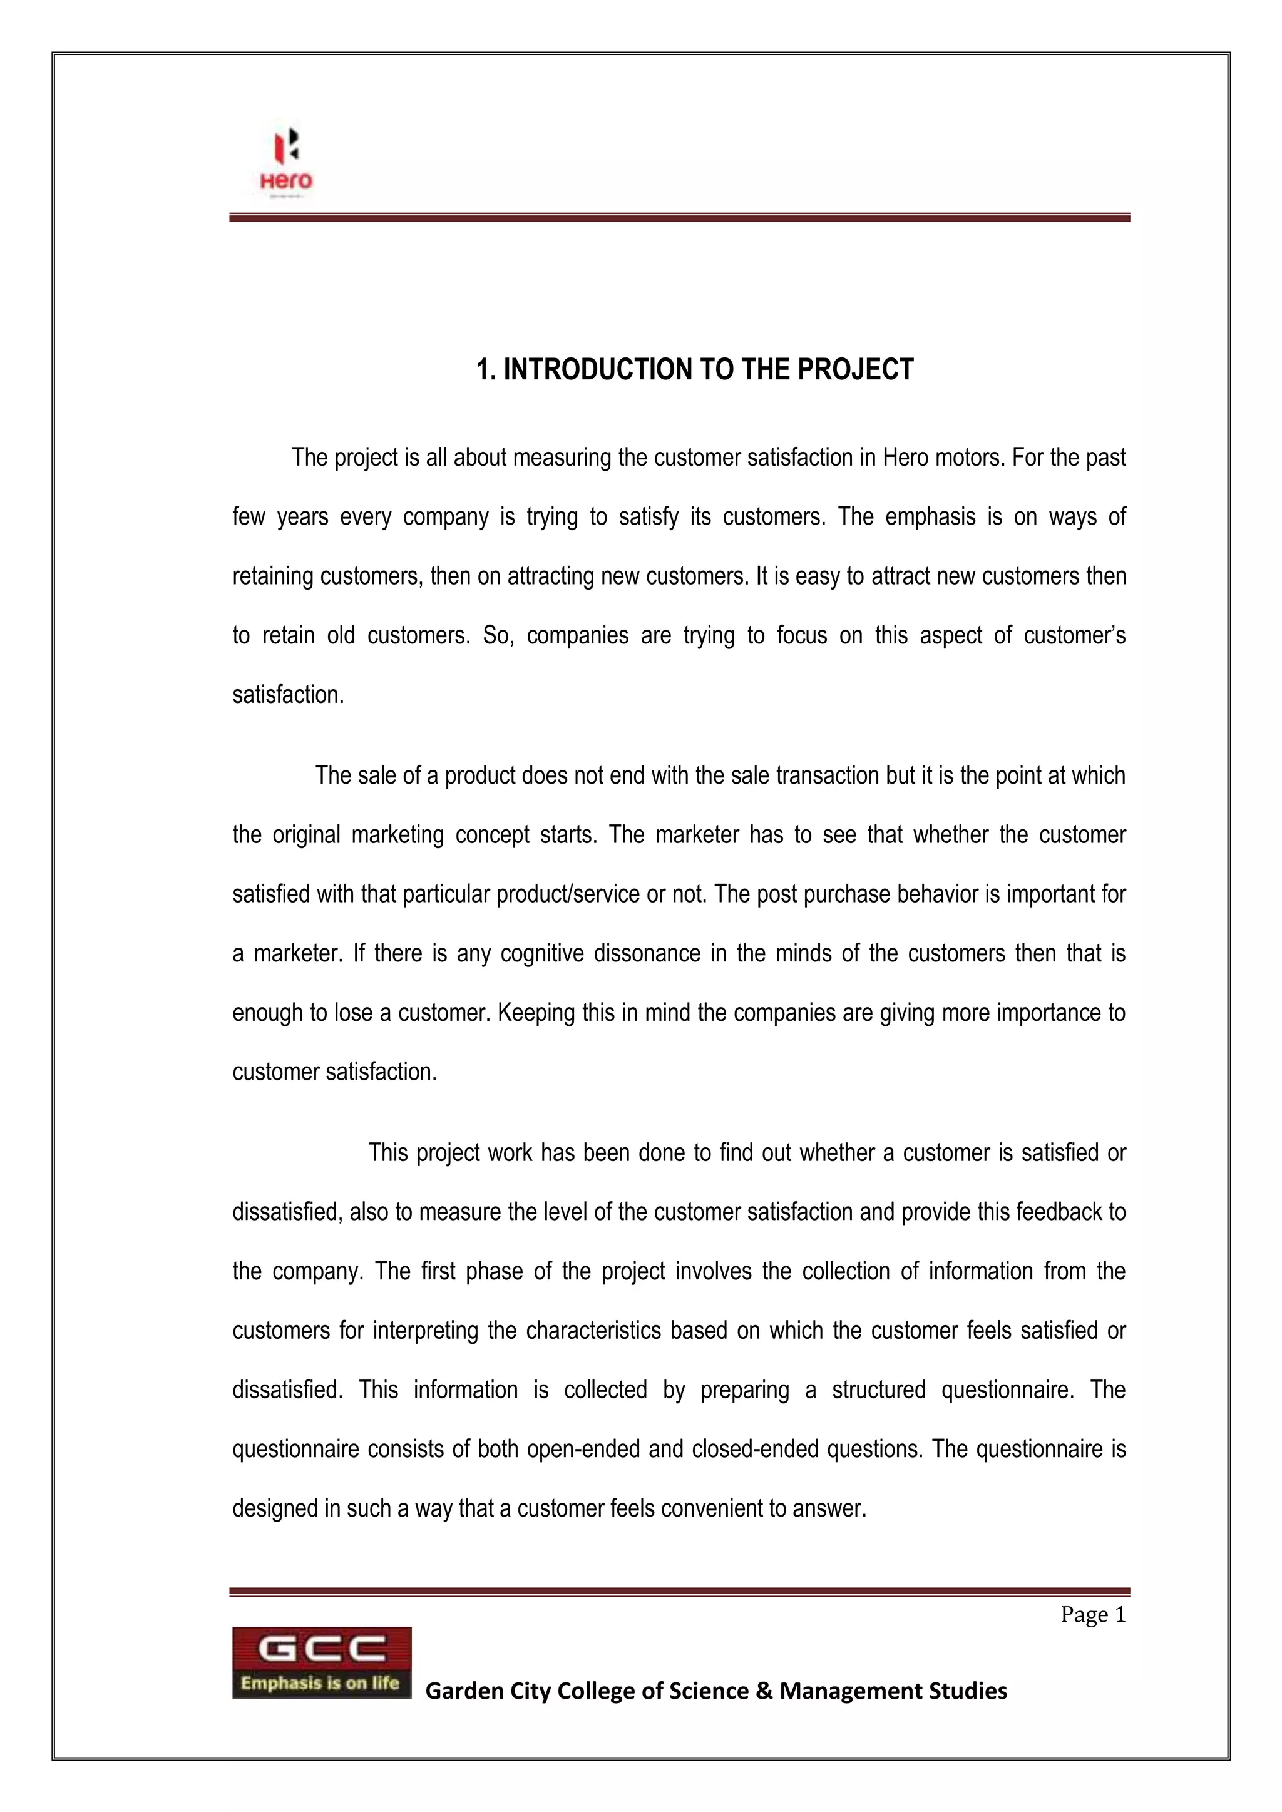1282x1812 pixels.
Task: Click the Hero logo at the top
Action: (286, 160)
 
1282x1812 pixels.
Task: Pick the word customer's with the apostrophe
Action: (1074, 635)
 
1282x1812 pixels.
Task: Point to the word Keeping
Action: (537, 1013)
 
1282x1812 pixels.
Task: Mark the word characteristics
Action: (593, 1331)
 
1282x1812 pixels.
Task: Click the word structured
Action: (878, 1390)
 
